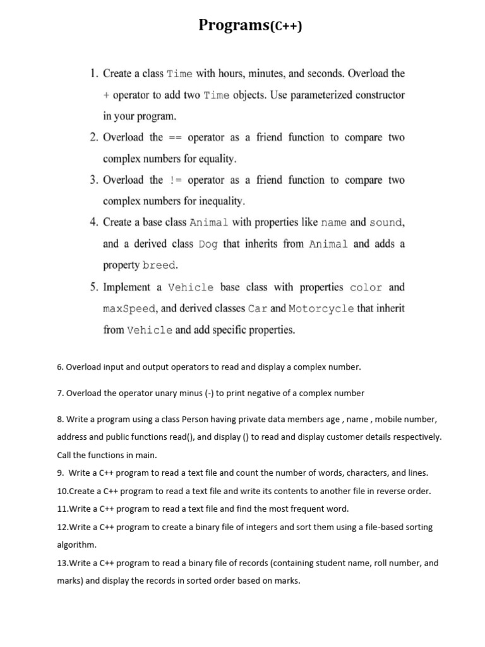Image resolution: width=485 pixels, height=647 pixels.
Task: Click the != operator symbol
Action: tap(175, 181)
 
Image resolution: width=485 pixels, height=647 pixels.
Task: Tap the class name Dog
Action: tap(208, 245)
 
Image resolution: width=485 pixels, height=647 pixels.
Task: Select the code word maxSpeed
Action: tap(128, 309)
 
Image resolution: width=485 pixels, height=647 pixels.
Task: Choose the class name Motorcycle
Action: tap(321, 309)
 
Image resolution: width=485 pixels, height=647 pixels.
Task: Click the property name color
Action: tap(366, 287)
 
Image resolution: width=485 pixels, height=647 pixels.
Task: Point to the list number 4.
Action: tap(93, 222)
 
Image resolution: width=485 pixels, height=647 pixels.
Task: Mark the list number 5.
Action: tap(93, 287)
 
